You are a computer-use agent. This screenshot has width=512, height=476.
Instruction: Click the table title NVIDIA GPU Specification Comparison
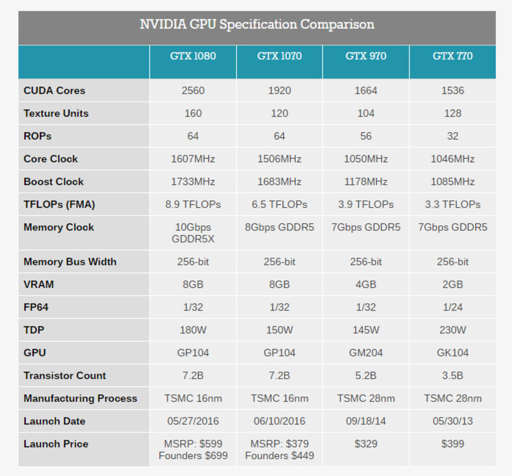pyautogui.click(x=257, y=25)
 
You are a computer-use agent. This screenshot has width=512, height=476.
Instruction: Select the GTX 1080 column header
pyautogui.click(x=193, y=56)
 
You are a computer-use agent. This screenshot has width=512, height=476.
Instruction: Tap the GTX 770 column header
pyautogui.click(x=452, y=56)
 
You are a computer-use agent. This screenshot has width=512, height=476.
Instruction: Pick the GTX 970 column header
pyautogui.click(x=366, y=56)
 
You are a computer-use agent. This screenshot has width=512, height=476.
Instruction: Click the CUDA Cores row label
pyautogui.click(x=54, y=90)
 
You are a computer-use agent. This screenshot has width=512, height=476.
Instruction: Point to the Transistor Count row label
pyautogui.click(x=65, y=375)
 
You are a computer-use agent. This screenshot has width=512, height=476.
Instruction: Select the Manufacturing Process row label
pyautogui.click(x=80, y=398)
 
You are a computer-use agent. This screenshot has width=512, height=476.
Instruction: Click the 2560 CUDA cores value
pyautogui.click(x=193, y=90)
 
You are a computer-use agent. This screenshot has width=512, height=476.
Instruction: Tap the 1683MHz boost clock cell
pyautogui.click(x=280, y=182)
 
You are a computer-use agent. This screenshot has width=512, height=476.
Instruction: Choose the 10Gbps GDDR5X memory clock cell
pyautogui.click(x=193, y=233)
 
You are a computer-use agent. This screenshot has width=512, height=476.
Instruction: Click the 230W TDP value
pyautogui.click(x=452, y=330)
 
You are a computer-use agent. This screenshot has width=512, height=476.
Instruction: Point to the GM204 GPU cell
pyautogui.click(x=366, y=353)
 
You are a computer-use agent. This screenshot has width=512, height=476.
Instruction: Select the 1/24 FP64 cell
pyautogui.click(x=452, y=307)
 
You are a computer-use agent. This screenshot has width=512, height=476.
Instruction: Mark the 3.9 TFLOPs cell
pyautogui.click(x=366, y=205)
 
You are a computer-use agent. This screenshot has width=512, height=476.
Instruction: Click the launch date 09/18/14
pyautogui.click(x=366, y=421)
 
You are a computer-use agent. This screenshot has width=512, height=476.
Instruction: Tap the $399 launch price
pyautogui.click(x=452, y=444)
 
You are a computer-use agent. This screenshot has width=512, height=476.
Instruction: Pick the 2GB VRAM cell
pyautogui.click(x=452, y=284)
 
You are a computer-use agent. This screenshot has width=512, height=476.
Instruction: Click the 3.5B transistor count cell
pyautogui.click(x=452, y=375)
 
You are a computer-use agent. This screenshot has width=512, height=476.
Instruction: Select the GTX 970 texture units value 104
pyautogui.click(x=366, y=113)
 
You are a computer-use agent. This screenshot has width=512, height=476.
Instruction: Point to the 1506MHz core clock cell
pyautogui.click(x=280, y=159)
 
